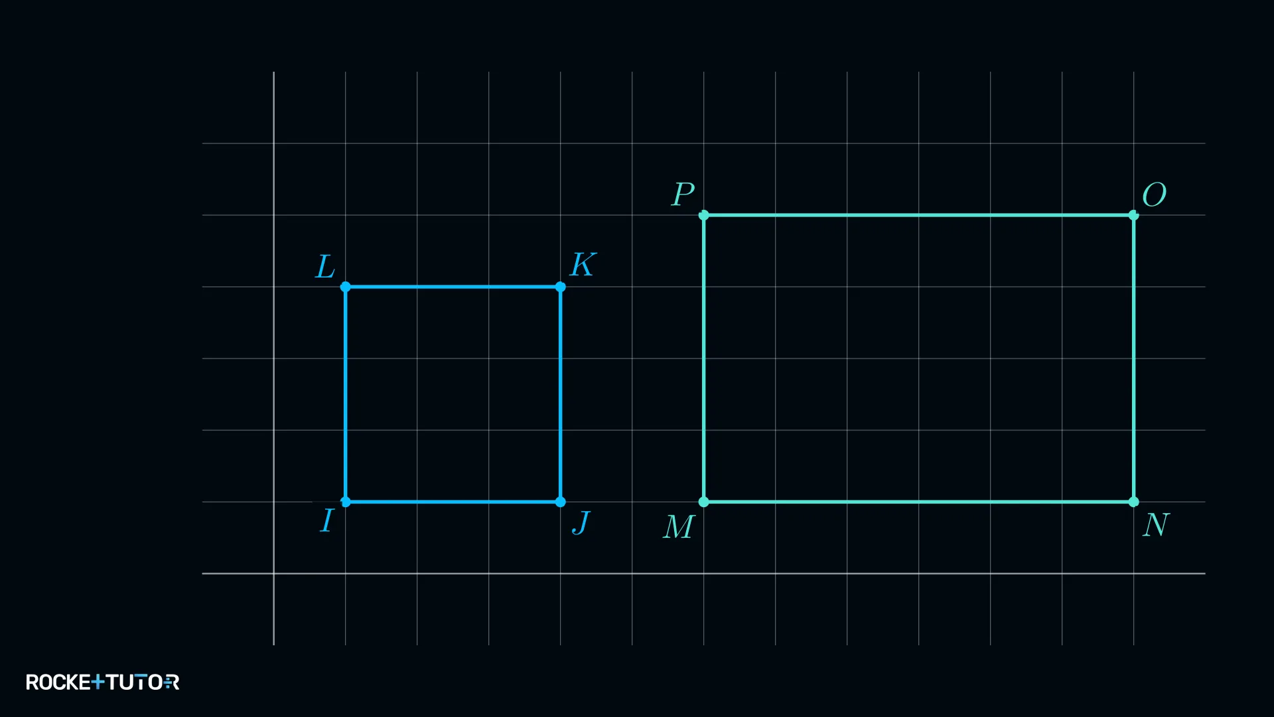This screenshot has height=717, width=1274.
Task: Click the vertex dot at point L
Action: click(x=346, y=287)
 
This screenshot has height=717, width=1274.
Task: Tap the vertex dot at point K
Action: click(x=561, y=287)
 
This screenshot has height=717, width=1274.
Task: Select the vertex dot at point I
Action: click(x=346, y=502)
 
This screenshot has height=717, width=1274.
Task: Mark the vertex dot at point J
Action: click(x=561, y=502)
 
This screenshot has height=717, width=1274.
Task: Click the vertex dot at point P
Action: click(x=704, y=215)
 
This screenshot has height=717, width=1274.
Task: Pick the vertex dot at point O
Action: click(x=1134, y=215)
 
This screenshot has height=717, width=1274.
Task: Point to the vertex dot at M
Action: click(x=704, y=502)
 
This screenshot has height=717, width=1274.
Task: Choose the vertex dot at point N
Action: click(x=1134, y=502)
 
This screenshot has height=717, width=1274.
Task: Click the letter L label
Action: click(x=324, y=267)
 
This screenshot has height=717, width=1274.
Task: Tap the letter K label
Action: click(x=583, y=264)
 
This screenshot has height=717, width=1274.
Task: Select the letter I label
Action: click(x=326, y=520)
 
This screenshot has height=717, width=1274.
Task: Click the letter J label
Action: click(x=581, y=523)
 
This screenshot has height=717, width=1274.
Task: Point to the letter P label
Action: click(x=683, y=195)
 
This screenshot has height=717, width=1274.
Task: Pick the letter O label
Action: click(x=1154, y=195)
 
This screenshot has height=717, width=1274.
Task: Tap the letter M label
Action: click(x=679, y=527)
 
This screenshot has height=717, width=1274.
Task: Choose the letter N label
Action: click(x=1156, y=525)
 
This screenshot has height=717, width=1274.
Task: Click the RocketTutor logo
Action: click(x=103, y=682)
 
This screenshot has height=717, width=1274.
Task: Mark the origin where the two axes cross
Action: click(x=274, y=574)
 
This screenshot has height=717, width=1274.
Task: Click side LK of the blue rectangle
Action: click(x=453, y=287)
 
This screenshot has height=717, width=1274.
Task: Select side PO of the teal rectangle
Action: click(x=919, y=215)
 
